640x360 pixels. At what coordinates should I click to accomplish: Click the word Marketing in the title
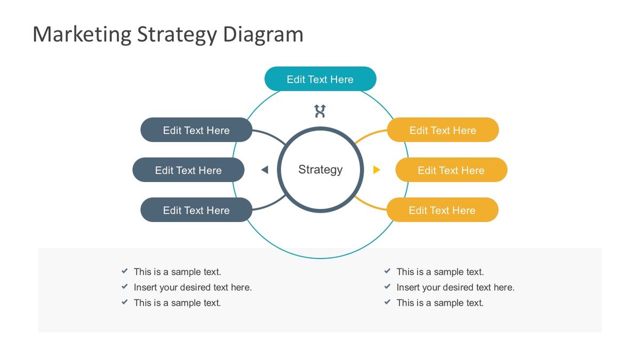82,35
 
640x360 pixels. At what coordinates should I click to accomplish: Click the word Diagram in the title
263,35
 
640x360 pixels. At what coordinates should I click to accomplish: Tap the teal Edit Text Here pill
320,79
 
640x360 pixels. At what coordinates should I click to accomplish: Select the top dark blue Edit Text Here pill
196,130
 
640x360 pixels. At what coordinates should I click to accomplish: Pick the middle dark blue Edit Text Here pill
188,170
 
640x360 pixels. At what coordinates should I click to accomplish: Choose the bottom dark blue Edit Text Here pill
196,210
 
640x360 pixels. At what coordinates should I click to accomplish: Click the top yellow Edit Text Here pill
443,130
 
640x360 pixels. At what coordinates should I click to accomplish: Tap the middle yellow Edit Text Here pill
451,170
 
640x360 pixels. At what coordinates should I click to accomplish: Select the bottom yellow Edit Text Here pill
442,210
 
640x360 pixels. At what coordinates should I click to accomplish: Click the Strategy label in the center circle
320,170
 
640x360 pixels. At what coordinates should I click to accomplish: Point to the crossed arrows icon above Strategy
320,111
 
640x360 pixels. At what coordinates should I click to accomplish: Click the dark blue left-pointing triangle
265,170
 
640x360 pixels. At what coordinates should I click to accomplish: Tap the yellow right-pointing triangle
377,170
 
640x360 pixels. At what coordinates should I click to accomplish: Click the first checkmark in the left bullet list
125,271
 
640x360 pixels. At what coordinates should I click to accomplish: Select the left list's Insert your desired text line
193,287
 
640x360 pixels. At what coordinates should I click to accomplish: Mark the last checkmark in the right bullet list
388,302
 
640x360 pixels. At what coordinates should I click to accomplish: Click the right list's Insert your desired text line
455,287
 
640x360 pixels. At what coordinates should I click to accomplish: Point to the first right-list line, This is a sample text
440,272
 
